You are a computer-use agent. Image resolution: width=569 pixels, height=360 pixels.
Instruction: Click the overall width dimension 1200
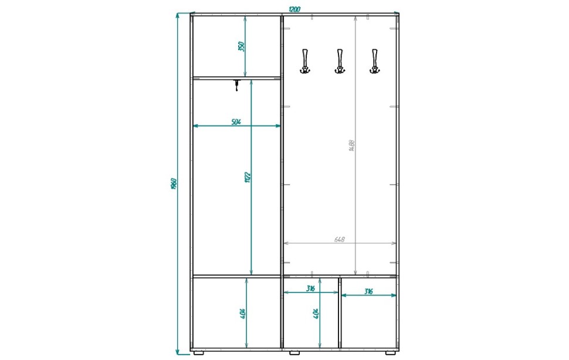(x=294, y=9)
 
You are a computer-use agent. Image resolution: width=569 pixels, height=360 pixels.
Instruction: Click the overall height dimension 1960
(x=174, y=184)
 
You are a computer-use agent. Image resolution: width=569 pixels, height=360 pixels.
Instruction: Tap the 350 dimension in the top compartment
(x=242, y=46)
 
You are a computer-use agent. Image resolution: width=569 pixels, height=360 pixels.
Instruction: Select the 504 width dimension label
(x=236, y=122)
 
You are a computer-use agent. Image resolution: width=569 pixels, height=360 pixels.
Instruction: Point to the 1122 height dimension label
(x=248, y=177)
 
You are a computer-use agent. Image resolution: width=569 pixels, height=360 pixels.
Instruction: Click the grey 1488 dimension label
(x=351, y=145)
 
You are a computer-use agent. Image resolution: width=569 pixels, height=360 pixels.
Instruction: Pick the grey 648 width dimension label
(x=339, y=240)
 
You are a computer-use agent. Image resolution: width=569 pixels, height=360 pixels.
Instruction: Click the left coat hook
(x=305, y=61)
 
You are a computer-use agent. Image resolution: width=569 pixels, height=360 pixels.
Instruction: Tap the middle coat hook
(x=340, y=61)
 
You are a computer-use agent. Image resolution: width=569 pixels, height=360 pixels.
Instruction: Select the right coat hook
(x=374, y=61)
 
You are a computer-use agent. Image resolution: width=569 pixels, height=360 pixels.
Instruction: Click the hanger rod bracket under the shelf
(x=236, y=85)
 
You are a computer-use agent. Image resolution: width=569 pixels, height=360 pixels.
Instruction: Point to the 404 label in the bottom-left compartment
(x=243, y=314)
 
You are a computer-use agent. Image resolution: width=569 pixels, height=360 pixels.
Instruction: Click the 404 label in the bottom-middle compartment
(x=316, y=314)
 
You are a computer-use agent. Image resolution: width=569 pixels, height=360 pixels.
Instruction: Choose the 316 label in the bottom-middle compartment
(x=310, y=288)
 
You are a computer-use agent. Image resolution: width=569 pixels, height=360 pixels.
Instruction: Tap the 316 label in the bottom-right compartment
(x=368, y=291)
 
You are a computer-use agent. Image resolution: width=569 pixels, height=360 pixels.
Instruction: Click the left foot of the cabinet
(x=198, y=352)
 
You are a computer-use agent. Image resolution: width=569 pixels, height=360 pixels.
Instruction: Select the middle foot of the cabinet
(x=294, y=352)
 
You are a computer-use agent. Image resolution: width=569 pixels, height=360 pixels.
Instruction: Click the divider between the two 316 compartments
(x=340, y=313)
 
